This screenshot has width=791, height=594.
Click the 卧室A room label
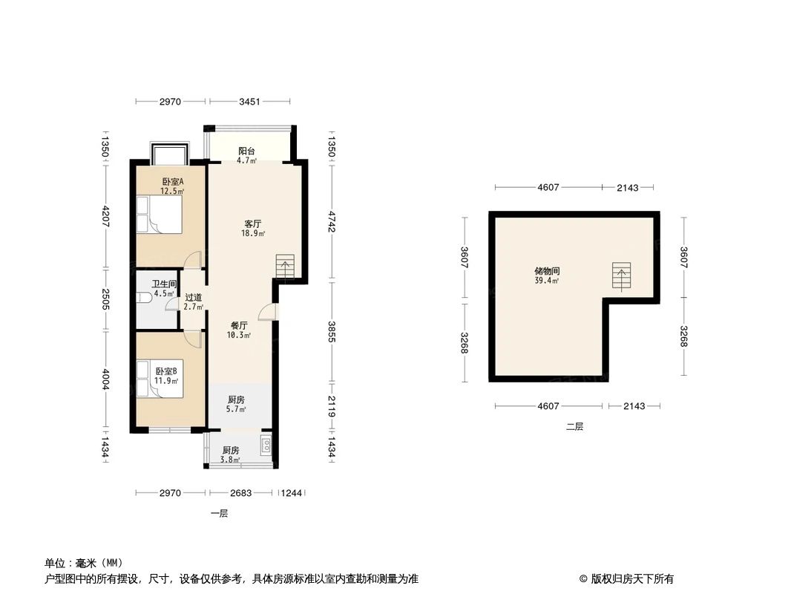point(172,182)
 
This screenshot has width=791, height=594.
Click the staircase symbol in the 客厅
point(286,265)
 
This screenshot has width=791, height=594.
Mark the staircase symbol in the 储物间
point(622,275)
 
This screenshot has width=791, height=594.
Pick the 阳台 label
point(246,151)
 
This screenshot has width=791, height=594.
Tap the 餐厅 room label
point(238,325)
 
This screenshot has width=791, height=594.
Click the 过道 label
point(193,297)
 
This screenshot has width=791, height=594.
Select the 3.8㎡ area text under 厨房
point(231,460)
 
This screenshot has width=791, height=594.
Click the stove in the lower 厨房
point(266,446)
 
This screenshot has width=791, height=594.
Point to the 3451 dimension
point(249,102)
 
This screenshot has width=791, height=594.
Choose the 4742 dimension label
point(332,220)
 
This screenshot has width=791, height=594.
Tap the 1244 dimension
point(292,492)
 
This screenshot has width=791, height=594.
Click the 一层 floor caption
point(219,513)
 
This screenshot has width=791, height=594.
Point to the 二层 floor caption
point(574,426)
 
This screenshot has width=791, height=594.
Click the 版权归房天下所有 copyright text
point(631,578)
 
